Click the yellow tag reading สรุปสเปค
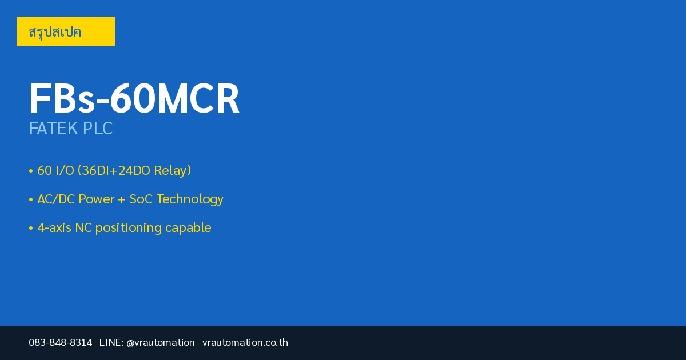coord(66,31)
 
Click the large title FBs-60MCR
coord(134,98)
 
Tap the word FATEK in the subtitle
coord(53,128)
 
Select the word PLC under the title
coord(98,128)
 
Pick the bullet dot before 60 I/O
coord(31,171)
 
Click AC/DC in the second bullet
coord(56,199)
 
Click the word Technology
coord(190,199)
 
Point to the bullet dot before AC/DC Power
coord(31,199)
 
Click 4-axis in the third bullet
coord(54,228)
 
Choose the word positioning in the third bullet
coord(128,228)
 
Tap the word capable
coord(188,228)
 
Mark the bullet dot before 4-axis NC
coord(31,228)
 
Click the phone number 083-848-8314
coord(61,342)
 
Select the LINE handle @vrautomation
coord(161,342)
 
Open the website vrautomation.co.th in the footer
coord(245,342)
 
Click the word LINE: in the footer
coord(111,342)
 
